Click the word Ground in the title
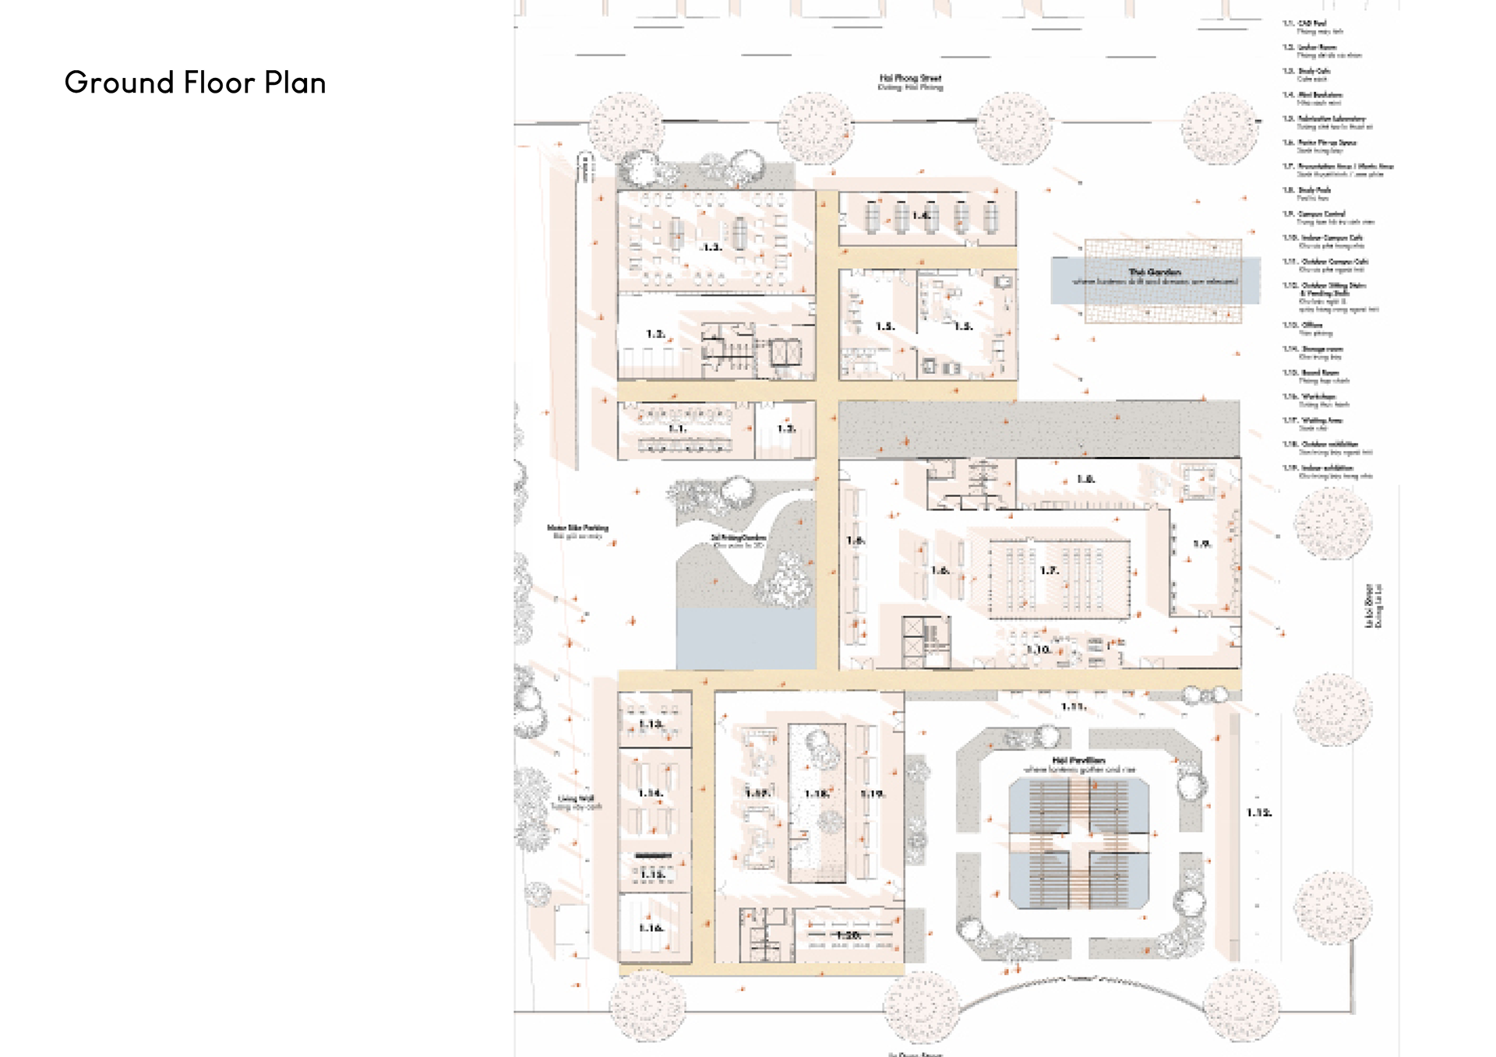[x=118, y=83]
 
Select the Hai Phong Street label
[x=910, y=79]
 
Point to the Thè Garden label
[x=1154, y=273]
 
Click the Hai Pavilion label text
[x=1078, y=760]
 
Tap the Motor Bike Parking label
[x=577, y=528]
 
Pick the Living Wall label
[x=576, y=799]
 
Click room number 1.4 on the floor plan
[x=922, y=216]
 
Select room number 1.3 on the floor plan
[x=711, y=247]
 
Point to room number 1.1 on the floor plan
[x=677, y=428]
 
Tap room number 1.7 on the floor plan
[x=1049, y=571]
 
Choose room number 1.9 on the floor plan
[x=1201, y=544]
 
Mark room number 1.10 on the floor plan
[x=1039, y=650]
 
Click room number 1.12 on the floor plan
[x=1258, y=812]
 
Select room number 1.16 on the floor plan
[x=651, y=928]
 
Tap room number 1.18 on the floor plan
[x=817, y=794]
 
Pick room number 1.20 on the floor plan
[x=848, y=935]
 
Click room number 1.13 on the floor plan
[x=651, y=724]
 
